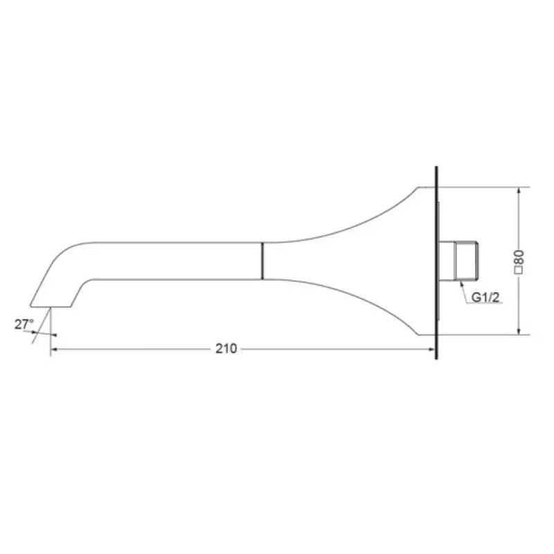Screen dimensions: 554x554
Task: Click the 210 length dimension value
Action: point(226,349)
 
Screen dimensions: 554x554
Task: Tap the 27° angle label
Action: point(24,324)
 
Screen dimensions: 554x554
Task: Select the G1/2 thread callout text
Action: point(485,298)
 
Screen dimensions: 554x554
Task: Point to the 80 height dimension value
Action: point(519,257)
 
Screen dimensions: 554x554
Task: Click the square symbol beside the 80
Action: point(519,270)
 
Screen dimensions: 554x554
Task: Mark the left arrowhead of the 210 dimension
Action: point(54,350)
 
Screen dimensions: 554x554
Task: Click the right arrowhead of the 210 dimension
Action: point(431,350)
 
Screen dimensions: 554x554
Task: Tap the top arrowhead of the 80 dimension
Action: point(519,190)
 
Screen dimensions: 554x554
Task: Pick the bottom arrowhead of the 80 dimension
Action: point(519,331)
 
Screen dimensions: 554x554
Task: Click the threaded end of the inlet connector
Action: point(466,261)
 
